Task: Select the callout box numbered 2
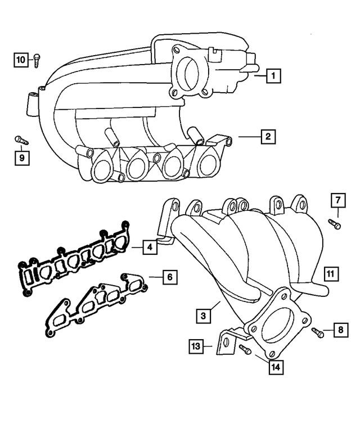tap(268, 136)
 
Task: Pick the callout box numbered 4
tap(149, 246)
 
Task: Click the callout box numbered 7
tap(337, 200)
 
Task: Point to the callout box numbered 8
tap(339, 330)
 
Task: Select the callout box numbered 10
tap(21, 59)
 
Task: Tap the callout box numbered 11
tap(331, 274)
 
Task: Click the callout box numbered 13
tap(195, 346)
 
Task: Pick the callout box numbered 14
tap(274, 367)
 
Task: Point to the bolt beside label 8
tap(317, 332)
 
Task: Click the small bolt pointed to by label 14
tap(245, 349)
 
